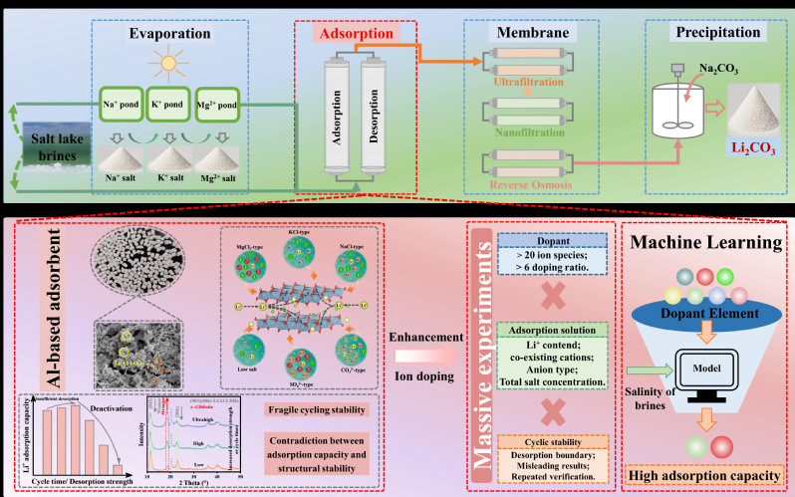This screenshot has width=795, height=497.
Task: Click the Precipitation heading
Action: (x=710, y=32)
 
